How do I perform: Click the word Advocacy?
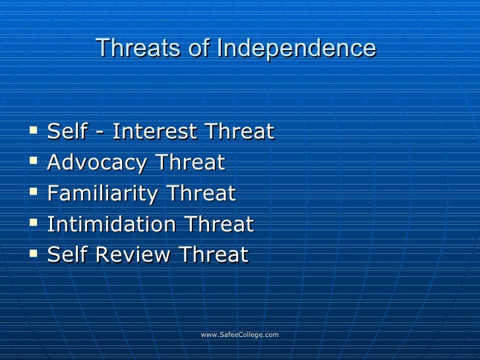(x=96, y=163)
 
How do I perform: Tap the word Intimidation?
(x=111, y=225)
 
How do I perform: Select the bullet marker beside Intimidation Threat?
(x=34, y=225)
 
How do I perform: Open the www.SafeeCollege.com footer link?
(x=239, y=335)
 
